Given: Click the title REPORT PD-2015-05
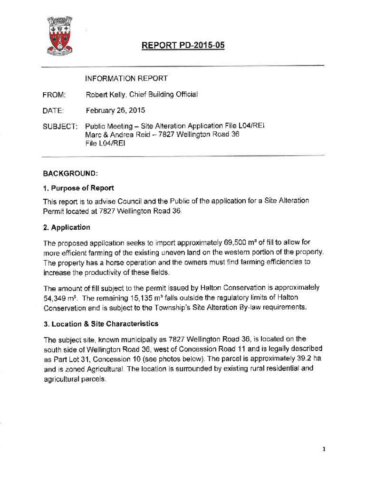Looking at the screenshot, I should [183, 46].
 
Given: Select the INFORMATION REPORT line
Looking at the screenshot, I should [126, 78].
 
